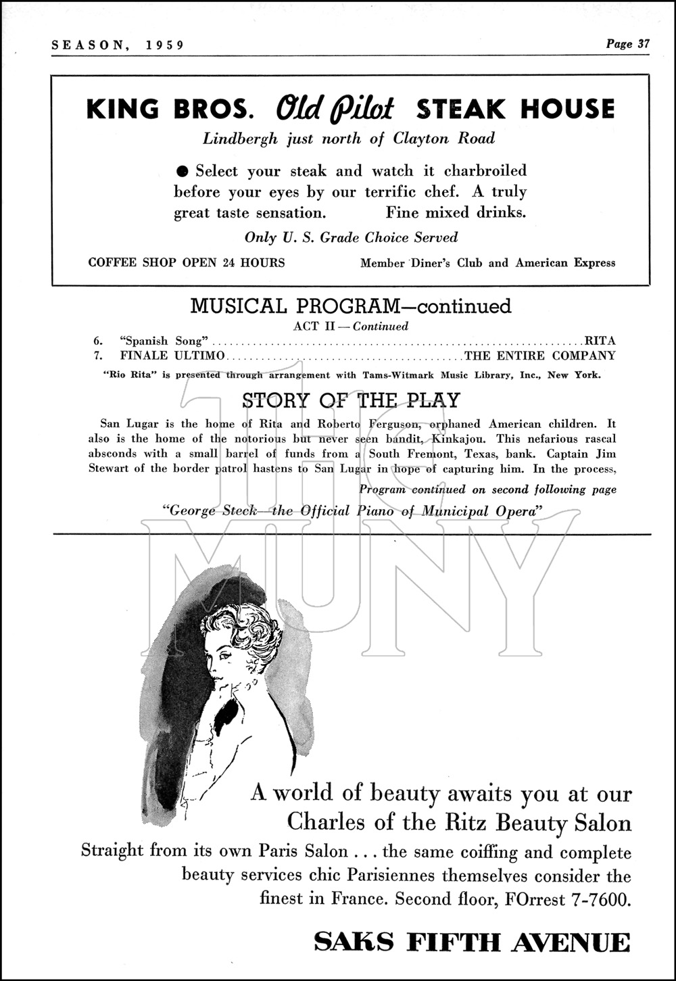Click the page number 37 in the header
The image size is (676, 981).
642,45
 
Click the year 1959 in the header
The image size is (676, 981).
165,45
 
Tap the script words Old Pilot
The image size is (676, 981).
335,109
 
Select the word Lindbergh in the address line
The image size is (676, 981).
240,139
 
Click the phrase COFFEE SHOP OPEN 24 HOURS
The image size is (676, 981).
187,262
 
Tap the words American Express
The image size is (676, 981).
565,263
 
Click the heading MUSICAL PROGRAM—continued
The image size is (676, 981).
350,306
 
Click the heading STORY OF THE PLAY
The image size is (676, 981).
350,401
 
